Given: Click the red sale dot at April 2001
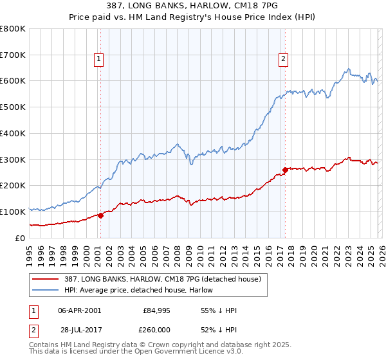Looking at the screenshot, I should pyautogui.click(x=100, y=216).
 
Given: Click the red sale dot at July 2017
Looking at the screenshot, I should pyautogui.click(x=285, y=170).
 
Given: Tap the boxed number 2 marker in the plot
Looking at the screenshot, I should pyautogui.click(x=283, y=59).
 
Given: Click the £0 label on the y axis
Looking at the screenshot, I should pyautogui.click(x=19, y=238).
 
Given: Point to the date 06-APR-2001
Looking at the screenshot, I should pyautogui.click(x=79, y=310).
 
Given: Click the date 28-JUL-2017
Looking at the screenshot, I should pyautogui.click(x=79, y=330).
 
